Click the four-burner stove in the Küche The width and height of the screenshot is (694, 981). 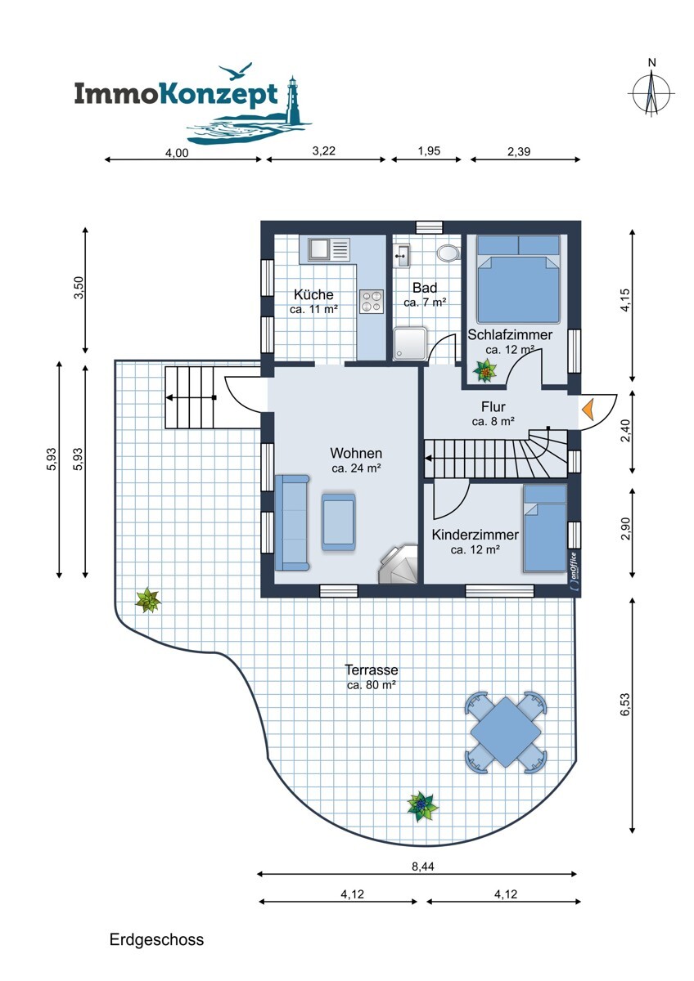pyautogui.click(x=372, y=302)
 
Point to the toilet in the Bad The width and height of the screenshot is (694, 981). pyautogui.click(x=448, y=253)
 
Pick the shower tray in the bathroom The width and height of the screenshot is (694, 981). pyautogui.click(x=410, y=344)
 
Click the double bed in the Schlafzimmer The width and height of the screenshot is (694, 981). pyautogui.click(x=518, y=280)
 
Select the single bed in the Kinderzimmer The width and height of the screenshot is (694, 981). pyautogui.click(x=545, y=529)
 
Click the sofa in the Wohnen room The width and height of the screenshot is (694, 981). pyautogui.click(x=292, y=522)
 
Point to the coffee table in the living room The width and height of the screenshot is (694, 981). pyautogui.click(x=339, y=522)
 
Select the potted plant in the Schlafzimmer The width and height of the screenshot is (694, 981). pyautogui.click(x=484, y=371)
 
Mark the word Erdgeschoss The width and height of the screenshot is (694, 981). pyautogui.click(x=156, y=939)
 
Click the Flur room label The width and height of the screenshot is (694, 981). pyautogui.click(x=493, y=407)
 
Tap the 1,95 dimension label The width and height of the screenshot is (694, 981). pyautogui.click(x=429, y=151)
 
